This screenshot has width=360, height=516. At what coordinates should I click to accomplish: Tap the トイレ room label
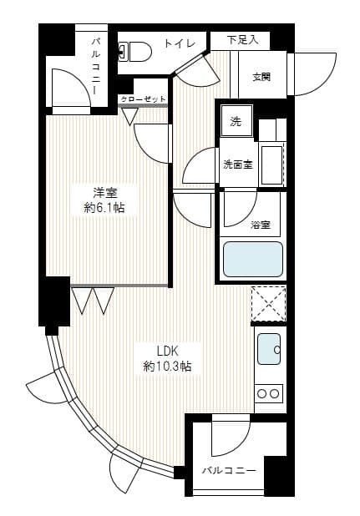pos(180,43)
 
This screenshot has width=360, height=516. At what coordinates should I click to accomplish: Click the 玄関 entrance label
pos(261,78)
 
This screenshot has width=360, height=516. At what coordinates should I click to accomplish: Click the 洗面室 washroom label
pos(237,164)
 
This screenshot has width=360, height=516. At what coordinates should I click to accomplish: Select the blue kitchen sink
pos(268,350)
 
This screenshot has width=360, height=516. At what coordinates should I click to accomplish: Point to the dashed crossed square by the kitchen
pos(269,304)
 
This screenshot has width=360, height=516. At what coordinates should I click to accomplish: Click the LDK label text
pos(167,351)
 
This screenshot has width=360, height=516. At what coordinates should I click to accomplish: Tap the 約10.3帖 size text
pos(167,366)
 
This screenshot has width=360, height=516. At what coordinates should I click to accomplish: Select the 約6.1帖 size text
pos(104,207)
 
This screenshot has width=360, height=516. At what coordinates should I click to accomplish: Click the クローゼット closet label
pos(143,99)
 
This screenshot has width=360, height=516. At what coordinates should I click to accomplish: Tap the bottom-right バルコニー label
pos(228,470)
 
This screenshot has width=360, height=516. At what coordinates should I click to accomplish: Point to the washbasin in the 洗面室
pos(271,159)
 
